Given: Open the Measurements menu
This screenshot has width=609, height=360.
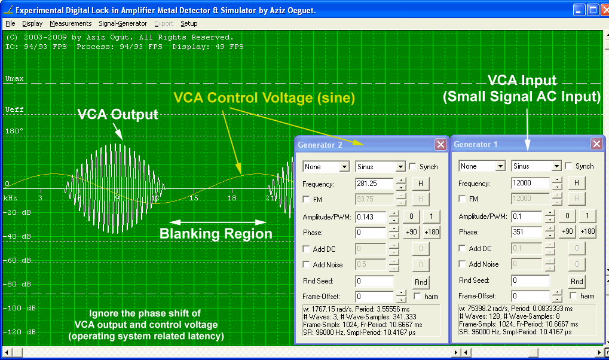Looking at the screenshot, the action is coord(71,23).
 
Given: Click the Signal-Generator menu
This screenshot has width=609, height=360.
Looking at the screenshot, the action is coord(123,23).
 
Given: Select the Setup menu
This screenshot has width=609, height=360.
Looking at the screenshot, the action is coord(189,23).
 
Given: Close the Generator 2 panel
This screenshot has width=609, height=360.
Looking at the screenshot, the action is coord(440,145).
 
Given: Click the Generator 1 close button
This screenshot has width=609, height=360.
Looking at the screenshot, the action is coord(596,144).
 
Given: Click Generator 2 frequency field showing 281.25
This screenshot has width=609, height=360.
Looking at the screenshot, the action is coord(375,184).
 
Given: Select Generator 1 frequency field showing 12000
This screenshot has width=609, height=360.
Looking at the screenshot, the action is coord(531,183).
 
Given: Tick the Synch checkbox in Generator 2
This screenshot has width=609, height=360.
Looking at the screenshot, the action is coord(413,167).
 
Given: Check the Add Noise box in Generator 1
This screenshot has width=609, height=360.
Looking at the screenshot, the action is coord(462,264).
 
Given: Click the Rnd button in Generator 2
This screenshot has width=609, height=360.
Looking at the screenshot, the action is coord(421,282).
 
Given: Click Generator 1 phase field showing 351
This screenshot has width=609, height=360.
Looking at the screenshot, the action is coord(527,232).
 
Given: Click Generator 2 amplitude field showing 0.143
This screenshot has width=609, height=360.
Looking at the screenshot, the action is coord(371,217).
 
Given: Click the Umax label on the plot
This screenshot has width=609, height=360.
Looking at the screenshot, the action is coord(14,78).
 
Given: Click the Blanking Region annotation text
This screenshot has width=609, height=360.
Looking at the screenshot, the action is coord(216,234).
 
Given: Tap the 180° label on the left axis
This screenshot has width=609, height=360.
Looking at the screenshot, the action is coord(14,131).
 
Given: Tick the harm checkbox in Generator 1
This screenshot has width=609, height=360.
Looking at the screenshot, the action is coord(573,296).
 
